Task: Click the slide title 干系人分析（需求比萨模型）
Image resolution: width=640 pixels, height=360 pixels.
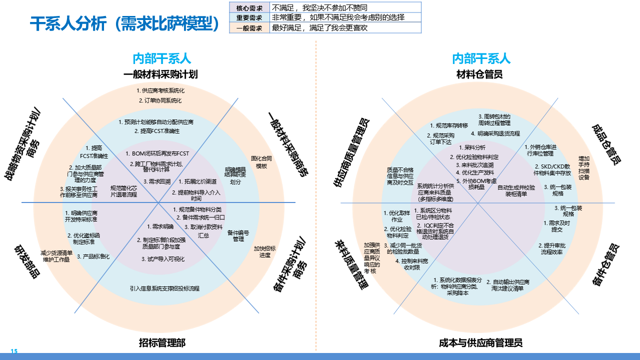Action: pos(125,24)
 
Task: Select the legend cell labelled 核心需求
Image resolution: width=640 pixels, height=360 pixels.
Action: pos(249,8)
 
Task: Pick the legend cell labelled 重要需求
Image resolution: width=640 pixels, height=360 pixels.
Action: pos(249,17)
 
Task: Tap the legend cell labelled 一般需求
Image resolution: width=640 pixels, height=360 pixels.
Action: pos(249,28)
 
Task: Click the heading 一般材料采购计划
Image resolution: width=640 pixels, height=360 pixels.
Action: pos(161,74)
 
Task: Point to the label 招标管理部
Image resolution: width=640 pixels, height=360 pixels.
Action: pos(162,342)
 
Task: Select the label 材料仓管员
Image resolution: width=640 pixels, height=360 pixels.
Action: pos(479,74)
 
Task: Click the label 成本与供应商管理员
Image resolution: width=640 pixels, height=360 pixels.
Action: pos(480,342)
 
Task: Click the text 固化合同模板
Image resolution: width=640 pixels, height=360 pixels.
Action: pos(261,162)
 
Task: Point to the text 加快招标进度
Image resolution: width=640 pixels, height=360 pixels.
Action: pos(264,251)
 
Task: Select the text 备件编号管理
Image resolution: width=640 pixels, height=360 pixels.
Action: pos(238,235)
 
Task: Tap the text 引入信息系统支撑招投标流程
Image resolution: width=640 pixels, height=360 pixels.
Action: pos(164,288)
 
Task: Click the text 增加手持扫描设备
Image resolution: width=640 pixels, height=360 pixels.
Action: pos(584,167)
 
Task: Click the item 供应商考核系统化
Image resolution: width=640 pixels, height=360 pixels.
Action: pos(160,91)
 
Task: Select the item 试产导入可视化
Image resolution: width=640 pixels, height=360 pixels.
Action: pos(163,259)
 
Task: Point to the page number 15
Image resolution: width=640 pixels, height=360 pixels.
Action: pos(14,351)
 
